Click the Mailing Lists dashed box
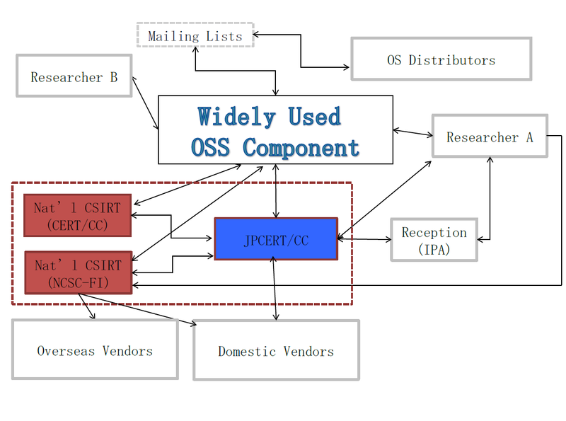click(x=195, y=35)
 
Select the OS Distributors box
click(x=441, y=59)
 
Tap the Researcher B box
click(x=74, y=76)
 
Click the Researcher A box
click(x=490, y=136)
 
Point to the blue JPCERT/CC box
click(x=276, y=238)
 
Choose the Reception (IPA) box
click(x=434, y=240)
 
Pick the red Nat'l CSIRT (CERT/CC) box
click(x=78, y=216)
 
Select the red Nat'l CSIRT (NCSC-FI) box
click(x=79, y=272)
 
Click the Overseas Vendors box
click(x=95, y=349)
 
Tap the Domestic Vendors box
click(x=276, y=350)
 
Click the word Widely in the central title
click(x=236, y=116)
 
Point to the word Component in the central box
click(x=301, y=147)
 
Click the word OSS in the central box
click(x=210, y=147)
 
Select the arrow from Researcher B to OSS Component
click(x=146, y=103)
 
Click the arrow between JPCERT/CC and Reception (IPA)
click(x=364, y=238)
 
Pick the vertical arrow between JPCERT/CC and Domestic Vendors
click(x=275, y=288)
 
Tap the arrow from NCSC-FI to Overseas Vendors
click(x=86, y=306)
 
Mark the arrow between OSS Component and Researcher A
click(x=412, y=133)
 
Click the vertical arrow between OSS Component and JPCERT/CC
click(x=276, y=191)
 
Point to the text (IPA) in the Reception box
click(x=434, y=250)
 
